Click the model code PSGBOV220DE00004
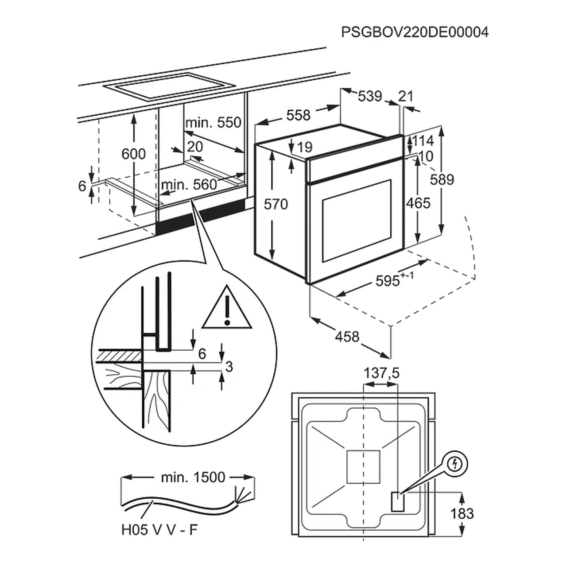tap(415, 32)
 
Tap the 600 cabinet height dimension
tap(133, 154)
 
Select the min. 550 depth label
tap(214, 123)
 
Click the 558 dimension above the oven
tap(298, 115)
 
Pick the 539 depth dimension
tap(369, 96)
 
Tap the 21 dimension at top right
tap(405, 96)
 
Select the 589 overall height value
tap(442, 179)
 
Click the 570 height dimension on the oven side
tap(276, 204)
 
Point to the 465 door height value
tap(418, 203)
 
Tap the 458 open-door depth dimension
tap(347, 337)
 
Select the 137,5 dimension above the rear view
tap(381, 373)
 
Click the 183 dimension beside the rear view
tap(462, 513)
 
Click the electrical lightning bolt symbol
tap(455, 463)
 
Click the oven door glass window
tap(356, 220)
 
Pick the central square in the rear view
tap(363, 467)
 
